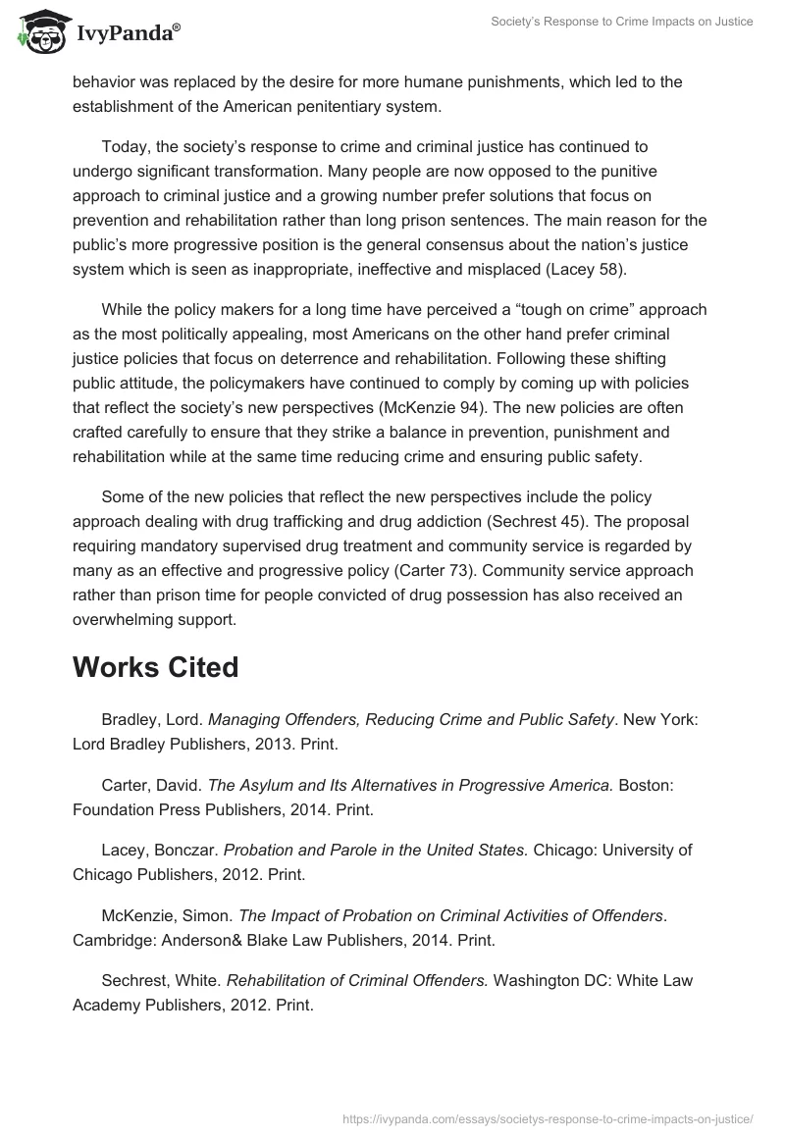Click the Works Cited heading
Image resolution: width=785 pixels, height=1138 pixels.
tap(155, 667)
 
